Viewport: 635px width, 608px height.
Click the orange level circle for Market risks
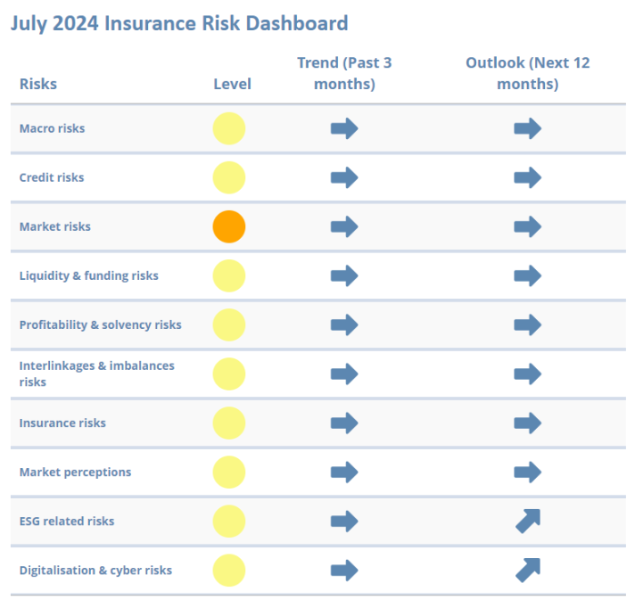[x=229, y=226]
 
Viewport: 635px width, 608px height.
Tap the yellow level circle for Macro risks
[x=229, y=128]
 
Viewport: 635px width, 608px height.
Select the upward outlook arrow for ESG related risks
[x=528, y=521]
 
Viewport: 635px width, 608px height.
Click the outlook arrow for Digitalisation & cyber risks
[x=528, y=570]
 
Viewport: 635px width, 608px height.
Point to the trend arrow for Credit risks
[x=344, y=177]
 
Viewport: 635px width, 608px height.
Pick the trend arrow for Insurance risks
[x=344, y=423]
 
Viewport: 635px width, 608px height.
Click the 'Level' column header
[x=232, y=84]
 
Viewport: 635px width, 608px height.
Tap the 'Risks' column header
[x=37, y=84]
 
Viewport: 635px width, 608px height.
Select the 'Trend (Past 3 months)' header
[x=344, y=73]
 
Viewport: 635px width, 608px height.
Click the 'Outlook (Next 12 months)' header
[x=528, y=73]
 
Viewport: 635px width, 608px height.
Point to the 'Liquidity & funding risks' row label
[x=88, y=275]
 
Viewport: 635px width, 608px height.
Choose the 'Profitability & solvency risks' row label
[x=100, y=325]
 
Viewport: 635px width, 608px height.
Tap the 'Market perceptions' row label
[x=75, y=472]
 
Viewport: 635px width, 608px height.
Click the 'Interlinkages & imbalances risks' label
[x=96, y=374]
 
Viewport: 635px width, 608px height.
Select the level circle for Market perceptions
[x=229, y=472]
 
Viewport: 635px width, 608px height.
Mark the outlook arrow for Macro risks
[x=528, y=128]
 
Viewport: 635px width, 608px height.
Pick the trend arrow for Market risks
[x=344, y=226]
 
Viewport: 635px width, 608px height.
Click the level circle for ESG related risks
[x=229, y=521]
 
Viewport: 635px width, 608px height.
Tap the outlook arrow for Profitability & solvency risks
[x=528, y=325]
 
